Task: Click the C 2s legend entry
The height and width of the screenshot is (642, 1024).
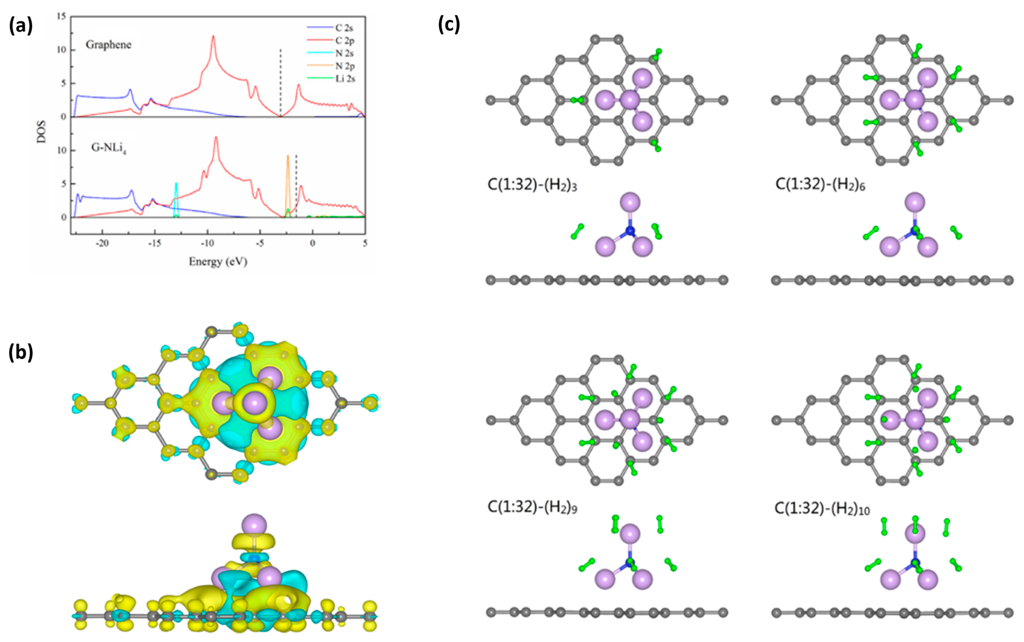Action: tap(344, 28)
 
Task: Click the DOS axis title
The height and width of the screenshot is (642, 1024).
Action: tap(42, 132)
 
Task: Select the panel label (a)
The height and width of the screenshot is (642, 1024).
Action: tap(21, 26)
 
